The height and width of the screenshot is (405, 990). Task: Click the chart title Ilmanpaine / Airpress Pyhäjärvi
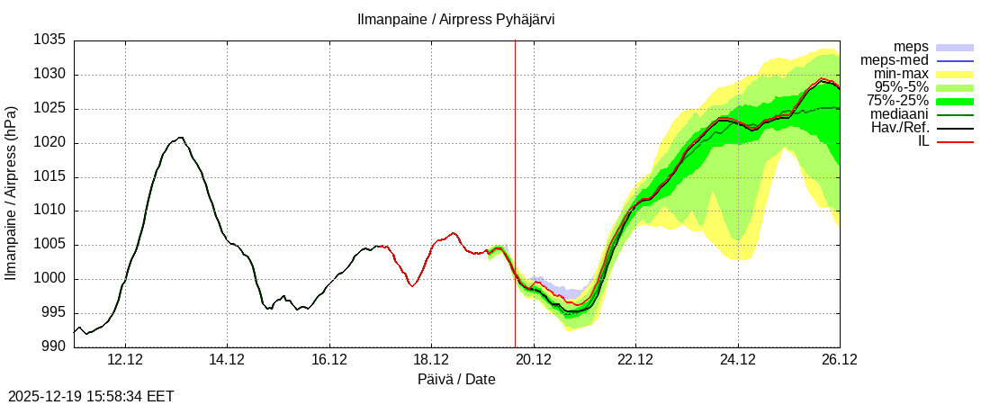point(457,19)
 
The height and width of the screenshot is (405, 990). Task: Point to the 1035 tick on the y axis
point(50,40)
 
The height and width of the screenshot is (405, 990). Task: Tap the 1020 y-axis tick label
point(50,143)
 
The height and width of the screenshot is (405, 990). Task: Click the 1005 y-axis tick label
point(50,245)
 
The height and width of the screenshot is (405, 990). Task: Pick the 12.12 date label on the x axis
point(125,360)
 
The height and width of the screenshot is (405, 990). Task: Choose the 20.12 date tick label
point(534,360)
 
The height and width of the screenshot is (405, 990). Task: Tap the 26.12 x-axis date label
point(840,360)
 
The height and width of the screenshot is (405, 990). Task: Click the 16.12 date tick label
point(329,360)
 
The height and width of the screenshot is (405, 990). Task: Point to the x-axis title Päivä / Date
point(456,379)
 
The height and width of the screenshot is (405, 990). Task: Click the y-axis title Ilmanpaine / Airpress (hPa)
point(12,193)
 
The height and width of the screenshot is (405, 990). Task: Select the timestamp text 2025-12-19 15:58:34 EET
point(91,396)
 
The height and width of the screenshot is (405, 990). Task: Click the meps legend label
point(911,47)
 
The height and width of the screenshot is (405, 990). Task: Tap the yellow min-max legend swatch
point(955,74)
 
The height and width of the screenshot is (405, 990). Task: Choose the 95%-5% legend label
point(901,87)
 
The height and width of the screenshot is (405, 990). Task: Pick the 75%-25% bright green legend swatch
point(955,101)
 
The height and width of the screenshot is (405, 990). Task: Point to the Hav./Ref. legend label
point(900,128)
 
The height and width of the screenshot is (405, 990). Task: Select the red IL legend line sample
point(955,141)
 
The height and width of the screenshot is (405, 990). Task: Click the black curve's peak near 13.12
point(181,138)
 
